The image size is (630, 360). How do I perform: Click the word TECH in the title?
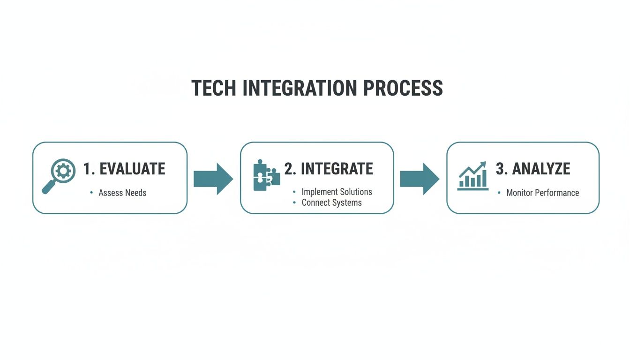click(x=213, y=88)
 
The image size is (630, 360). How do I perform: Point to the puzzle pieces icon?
click(x=266, y=175)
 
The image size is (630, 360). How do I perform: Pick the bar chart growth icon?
click(x=473, y=176)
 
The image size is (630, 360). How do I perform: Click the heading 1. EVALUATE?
click(x=124, y=169)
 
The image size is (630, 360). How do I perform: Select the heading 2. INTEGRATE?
click(x=329, y=169)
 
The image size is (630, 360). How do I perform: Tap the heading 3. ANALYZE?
click(x=533, y=169)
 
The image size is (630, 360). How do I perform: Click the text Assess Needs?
click(x=122, y=193)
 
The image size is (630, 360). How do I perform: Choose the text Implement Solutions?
click(x=337, y=192)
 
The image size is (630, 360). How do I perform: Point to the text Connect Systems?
click(x=331, y=203)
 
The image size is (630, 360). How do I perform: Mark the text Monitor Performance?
click(x=542, y=193)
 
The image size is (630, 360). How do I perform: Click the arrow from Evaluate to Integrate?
click(x=213, y=179)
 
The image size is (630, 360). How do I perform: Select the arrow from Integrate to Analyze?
click(x=420, y=179)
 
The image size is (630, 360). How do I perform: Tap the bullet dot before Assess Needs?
click(x=91, y=193)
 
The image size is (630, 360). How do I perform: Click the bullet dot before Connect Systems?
click(x=294, y=203)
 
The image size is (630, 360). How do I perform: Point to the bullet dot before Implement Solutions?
click(x=294, y=192)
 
